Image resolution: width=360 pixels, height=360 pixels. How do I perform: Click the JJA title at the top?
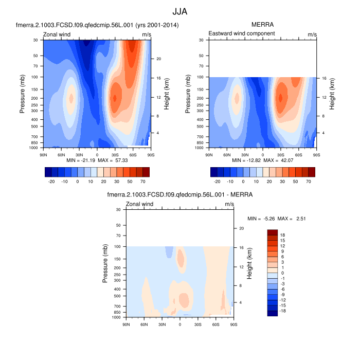point(179,11)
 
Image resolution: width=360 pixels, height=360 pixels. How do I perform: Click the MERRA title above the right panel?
point(262,25)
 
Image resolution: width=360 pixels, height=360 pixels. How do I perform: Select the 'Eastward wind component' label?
point(241,33)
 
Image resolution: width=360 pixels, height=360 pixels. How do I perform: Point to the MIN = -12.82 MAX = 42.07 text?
point(262,161)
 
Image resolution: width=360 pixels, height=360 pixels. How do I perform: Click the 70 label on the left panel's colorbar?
point(141,182)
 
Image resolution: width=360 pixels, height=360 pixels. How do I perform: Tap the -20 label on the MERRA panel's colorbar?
point(217,182)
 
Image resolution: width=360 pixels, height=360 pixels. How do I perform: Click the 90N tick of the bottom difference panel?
point(126,323)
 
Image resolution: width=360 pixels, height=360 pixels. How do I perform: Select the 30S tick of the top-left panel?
point(115,154)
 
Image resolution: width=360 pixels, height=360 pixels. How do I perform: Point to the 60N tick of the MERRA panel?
point(227,154)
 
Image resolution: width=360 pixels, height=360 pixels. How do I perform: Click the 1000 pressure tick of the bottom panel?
point(117,317)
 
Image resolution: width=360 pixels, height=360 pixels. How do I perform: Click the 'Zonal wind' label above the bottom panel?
point(140,204)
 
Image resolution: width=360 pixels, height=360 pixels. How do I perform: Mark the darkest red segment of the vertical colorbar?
point(273,232)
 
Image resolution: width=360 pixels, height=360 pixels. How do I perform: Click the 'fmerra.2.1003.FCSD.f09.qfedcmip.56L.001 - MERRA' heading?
point(179,195)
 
